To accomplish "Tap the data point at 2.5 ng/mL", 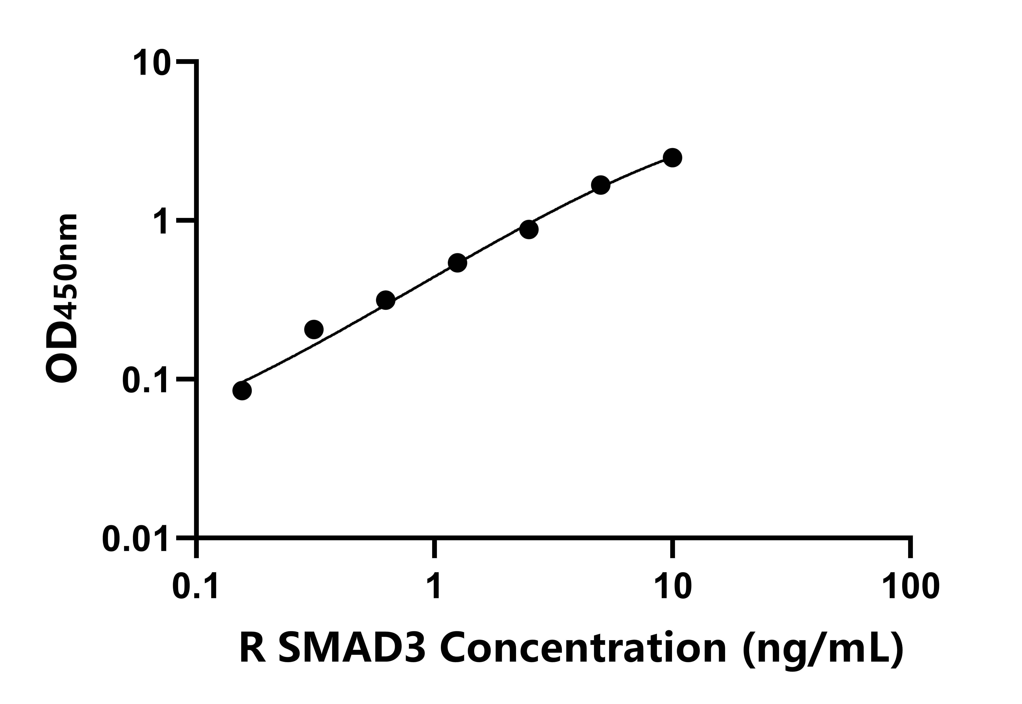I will click(x=528, y=229).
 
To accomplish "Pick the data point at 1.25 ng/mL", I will click(x=457, y=263).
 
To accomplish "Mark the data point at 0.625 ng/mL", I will click(x=386, y=300).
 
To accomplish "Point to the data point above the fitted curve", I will click(x=314, y=329).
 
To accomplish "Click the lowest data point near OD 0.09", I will click(x=242, y=390).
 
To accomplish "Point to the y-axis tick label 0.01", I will click(x=136, y=539).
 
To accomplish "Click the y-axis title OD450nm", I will click(x=62, y=299).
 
